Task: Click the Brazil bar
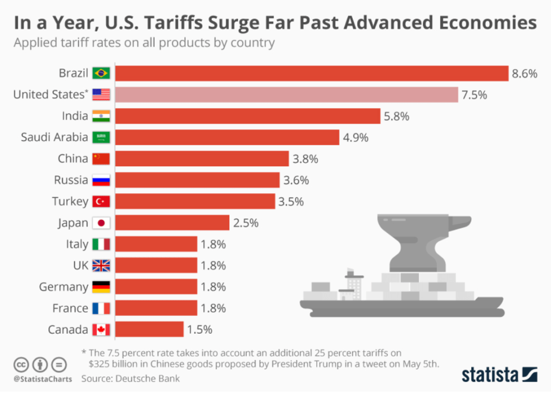312,73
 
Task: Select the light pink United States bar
287,95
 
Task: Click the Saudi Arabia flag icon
101,137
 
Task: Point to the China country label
73,159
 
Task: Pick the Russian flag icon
101,180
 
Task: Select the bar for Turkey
195,201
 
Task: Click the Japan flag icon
101,223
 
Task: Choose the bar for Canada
149,329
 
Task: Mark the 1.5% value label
199,329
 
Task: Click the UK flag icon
101,265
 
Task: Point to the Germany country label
63,287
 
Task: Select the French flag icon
101,308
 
